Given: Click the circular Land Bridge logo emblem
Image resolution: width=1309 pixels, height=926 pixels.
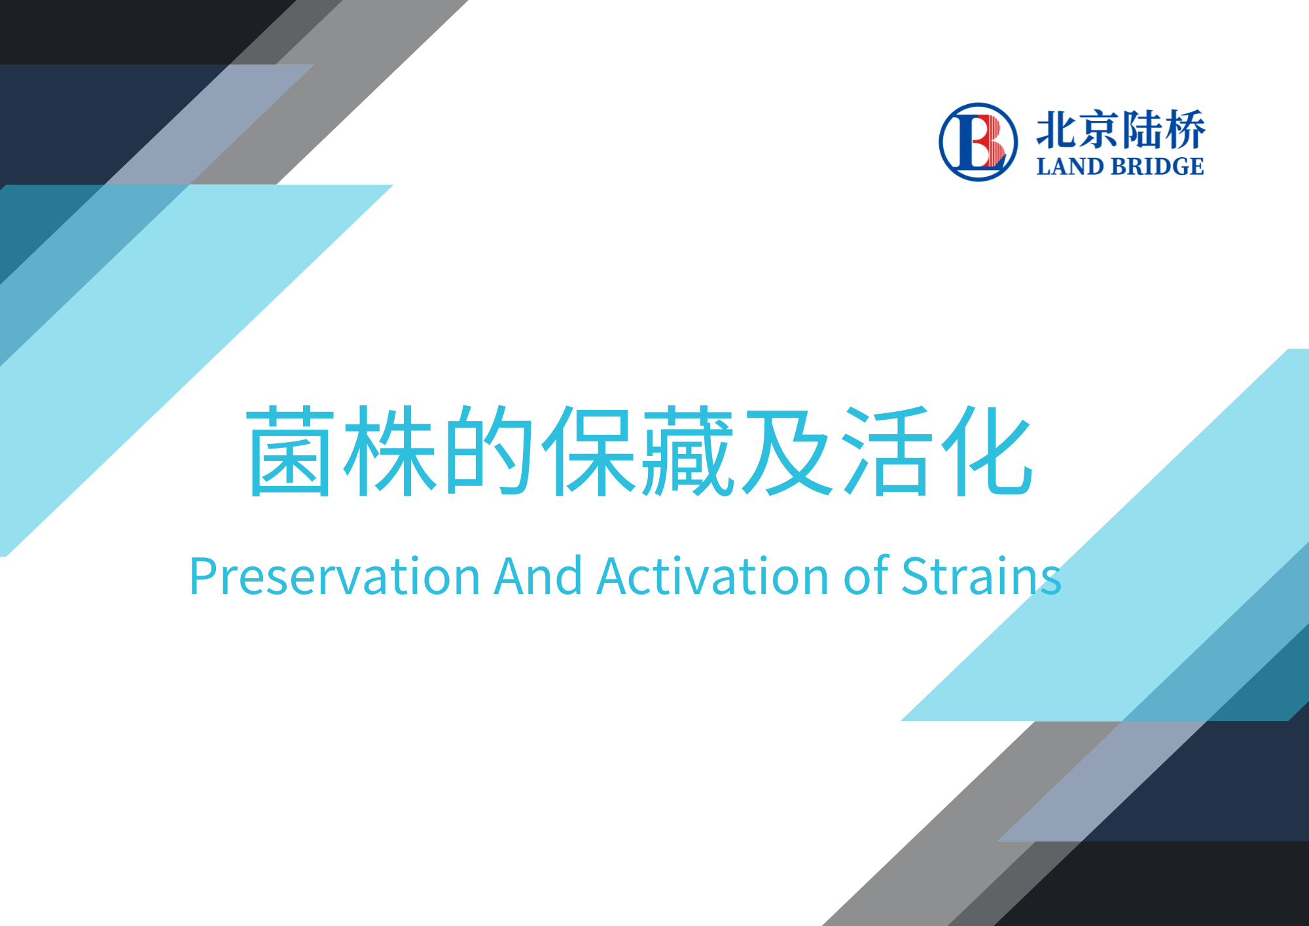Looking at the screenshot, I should (978, 141).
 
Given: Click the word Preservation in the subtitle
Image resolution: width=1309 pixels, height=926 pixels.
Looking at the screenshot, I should (334, 577).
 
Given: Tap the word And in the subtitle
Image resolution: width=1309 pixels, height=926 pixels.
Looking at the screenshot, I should (538, 577).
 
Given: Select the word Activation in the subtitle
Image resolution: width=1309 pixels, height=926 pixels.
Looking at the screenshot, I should (713, 577).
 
